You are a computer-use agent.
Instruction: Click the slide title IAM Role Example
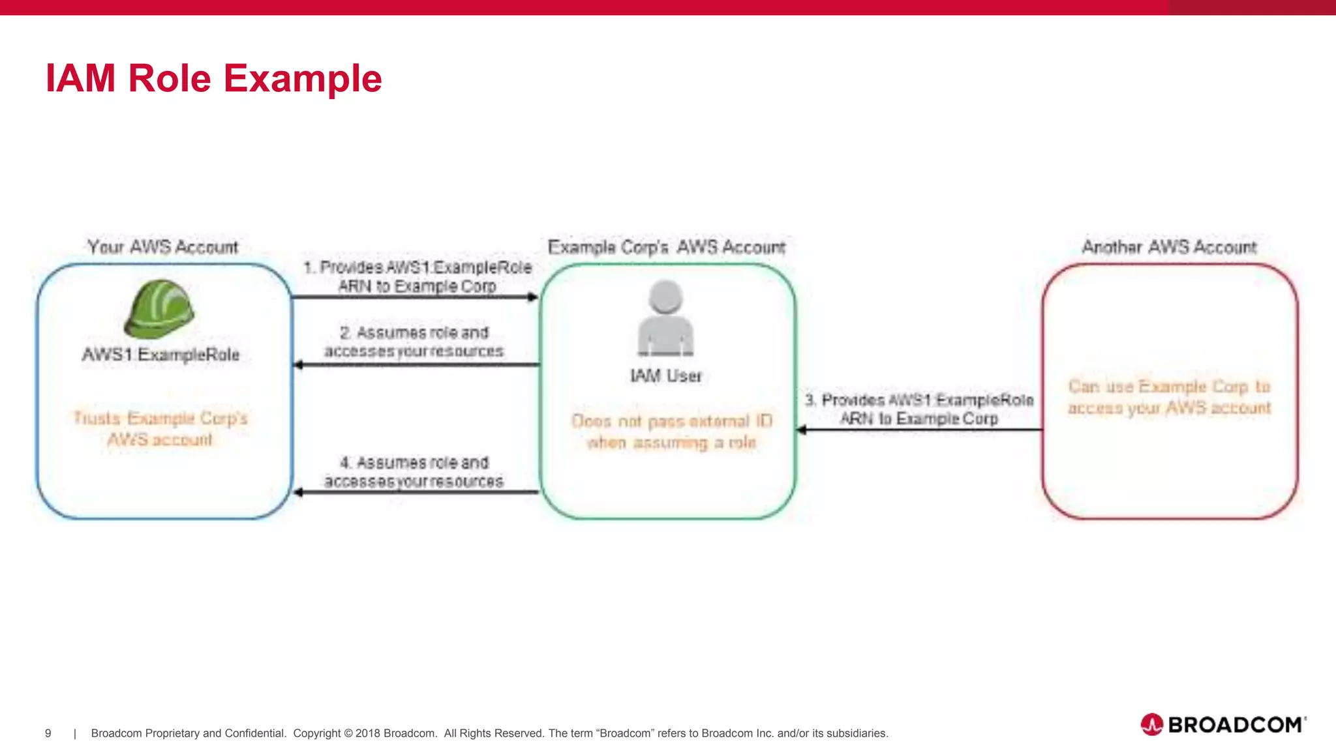point(213,78)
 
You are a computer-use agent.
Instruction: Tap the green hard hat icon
point(159,309)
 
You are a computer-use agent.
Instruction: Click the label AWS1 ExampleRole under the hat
point(160,355)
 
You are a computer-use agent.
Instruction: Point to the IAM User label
point(665,376)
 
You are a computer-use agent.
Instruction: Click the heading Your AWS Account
point(163,247)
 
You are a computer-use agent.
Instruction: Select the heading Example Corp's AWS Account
point(666,248)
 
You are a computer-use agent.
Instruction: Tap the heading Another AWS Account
point(1169,247)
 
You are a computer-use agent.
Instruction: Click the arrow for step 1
point(415,297)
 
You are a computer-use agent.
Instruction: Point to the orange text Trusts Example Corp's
point(160,418)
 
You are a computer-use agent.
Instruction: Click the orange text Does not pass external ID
point(671,421)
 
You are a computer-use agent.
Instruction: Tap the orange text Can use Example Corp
point(1169,387)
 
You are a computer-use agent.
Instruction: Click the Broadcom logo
point(1222,724)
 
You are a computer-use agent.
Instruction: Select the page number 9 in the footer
point(48,733)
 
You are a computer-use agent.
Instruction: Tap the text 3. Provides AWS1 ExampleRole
point(918,400)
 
